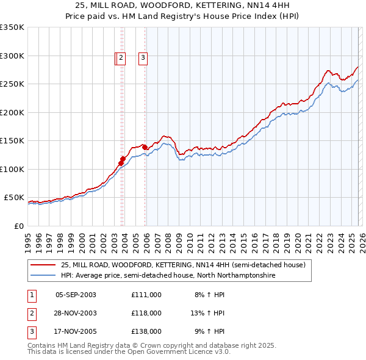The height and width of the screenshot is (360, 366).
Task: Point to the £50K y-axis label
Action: (x=14, y=198)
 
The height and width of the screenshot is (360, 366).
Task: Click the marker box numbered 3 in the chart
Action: (x=143, y=58)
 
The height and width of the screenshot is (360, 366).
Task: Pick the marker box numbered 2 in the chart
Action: (x=121, y=58)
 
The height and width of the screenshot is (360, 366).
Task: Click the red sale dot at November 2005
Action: (x=144, y=147)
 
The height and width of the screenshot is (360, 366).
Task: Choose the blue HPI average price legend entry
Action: (x=168, y=276)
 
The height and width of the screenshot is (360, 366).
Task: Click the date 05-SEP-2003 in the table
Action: (x=76, y=295)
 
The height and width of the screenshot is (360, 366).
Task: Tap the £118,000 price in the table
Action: (x=146, y=313)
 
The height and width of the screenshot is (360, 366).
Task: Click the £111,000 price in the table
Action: (x=146, y=295)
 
